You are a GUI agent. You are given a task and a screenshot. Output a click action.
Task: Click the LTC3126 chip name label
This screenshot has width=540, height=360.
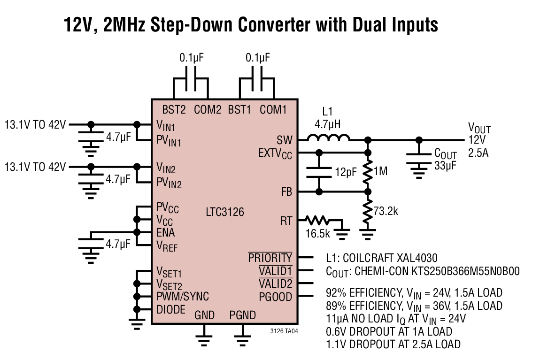pos(225,212)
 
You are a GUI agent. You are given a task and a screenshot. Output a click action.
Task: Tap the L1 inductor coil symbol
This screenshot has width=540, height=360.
pos(329,138)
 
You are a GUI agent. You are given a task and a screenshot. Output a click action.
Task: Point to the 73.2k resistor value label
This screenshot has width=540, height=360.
pos(386,211)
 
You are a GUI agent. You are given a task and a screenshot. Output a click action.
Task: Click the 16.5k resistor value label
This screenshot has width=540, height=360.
pos(317,234)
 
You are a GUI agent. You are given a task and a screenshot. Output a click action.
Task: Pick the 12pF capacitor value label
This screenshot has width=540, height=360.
pos(346,172)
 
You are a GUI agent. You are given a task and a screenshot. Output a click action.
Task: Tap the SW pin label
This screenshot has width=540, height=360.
pos(285,140)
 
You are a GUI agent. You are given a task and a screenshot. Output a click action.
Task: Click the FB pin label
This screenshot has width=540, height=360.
pos(286,191)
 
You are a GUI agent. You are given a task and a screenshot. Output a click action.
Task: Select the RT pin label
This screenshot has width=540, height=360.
pos(286,221)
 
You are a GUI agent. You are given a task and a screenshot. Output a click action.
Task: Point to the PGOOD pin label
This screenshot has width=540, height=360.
pos(276,297)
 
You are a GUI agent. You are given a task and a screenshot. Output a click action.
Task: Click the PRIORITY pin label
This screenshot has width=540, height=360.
pos(270,257)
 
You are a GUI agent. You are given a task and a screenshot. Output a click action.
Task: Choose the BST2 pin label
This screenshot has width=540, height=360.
pos(174,109)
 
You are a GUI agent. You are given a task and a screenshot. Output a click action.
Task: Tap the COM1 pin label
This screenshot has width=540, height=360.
pos(273,109)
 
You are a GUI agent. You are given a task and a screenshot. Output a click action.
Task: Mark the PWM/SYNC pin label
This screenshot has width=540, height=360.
pos(183,296)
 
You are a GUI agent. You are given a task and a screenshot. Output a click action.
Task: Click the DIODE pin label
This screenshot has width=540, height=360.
pos(171,309)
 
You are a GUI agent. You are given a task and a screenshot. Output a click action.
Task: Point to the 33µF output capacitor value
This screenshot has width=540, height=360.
pos(445,166)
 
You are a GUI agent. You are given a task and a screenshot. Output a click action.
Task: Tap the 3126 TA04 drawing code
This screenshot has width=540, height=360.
pos(284,331)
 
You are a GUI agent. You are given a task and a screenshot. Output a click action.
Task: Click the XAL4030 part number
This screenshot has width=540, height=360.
pos(417,258)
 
